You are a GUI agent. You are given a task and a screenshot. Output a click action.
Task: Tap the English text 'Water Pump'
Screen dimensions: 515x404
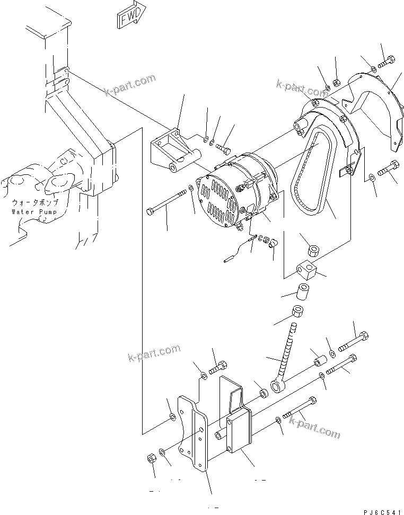(x=33, y=212)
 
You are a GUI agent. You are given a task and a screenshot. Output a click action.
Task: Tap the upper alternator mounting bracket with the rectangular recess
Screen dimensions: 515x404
(x=173, y=151)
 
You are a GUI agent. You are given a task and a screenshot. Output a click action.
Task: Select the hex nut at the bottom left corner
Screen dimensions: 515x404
(x=150, y=457)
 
